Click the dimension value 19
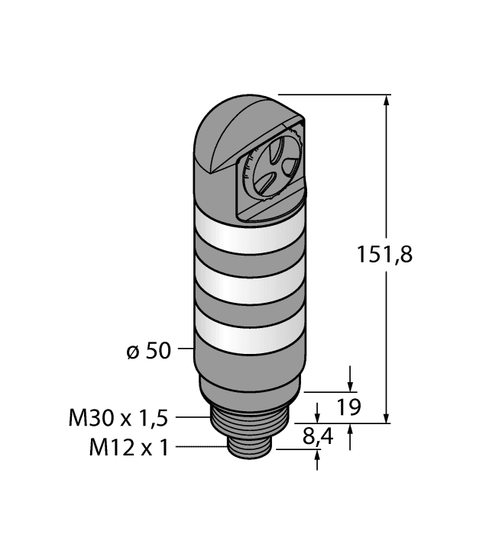[x=348, y=407]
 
